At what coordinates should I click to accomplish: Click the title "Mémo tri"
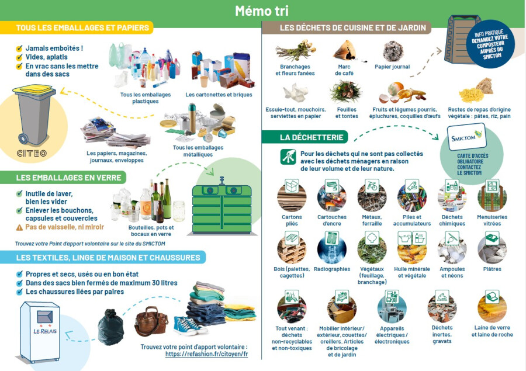coord(262,11)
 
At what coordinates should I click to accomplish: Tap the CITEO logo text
coord(32,153)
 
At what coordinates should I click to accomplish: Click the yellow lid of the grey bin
coord(34,90)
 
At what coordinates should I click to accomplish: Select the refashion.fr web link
coord(206,354)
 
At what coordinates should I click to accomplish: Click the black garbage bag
coord(110,327)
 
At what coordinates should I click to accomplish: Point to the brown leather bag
coord(151,321)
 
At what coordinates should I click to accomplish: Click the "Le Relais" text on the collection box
coord(45,331)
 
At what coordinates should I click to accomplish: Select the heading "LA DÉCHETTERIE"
coord(312,137)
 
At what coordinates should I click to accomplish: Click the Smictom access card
coord(466,137)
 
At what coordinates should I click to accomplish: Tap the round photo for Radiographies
coord(332,249)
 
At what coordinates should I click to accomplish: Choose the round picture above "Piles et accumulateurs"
coord(412,197)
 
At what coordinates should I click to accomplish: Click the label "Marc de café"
coord(344,70)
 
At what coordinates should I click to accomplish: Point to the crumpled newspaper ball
coord(393,51)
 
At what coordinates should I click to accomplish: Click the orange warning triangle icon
coord(19,227)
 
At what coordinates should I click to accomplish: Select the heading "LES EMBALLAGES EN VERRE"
coord(68,178)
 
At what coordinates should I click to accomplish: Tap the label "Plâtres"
coord(492,269)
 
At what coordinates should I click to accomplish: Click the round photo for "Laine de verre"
coord(492,307)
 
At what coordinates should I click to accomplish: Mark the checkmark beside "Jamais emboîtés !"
coord(19,48)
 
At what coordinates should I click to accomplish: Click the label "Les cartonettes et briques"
coord(219,95)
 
